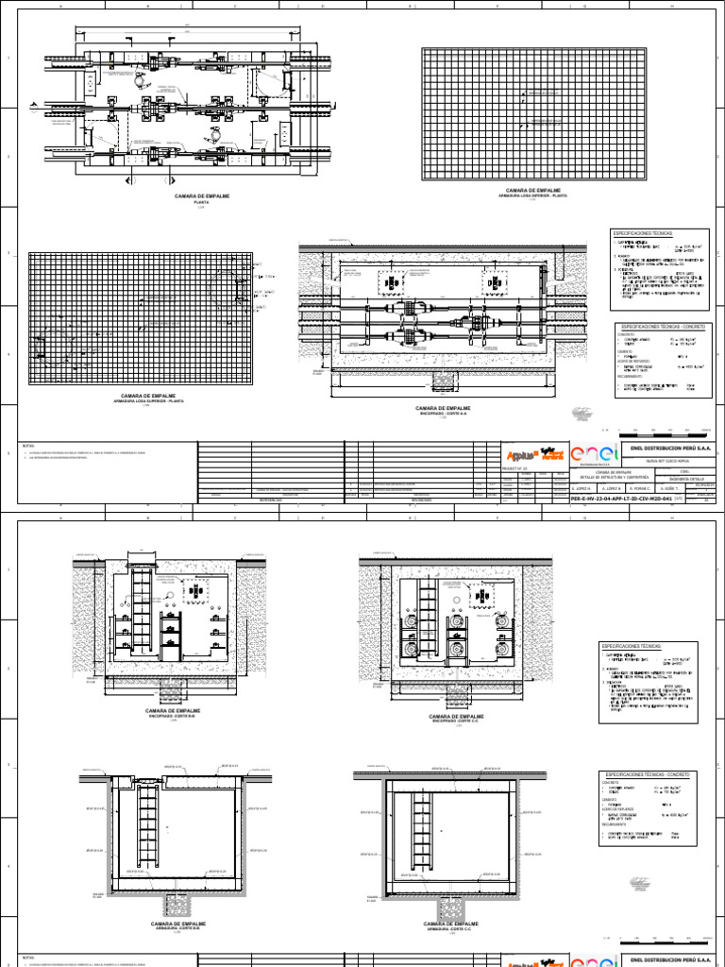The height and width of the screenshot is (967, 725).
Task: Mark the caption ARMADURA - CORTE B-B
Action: click(177, 928)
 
